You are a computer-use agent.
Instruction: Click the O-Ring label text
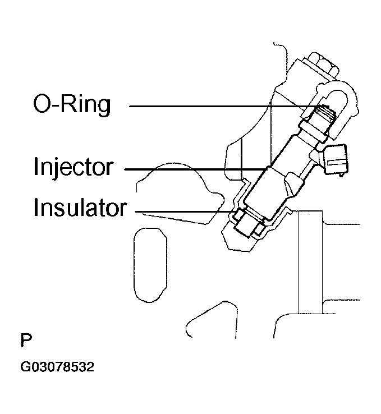click(72, 105)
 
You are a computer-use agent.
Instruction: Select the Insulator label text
click(80, 208)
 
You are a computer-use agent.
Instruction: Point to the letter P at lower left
click(26, 341)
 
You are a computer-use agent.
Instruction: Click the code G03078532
click(57, 367)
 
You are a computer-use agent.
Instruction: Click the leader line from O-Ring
click(229, 107)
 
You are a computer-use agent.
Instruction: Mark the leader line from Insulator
click(185, 211)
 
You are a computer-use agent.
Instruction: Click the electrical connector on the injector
click(336, 160)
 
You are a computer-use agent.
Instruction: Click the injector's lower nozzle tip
click(246, 228)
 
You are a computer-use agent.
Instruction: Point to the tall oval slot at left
click(150, 265)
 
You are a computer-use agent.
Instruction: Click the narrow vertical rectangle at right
click(310, 262)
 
